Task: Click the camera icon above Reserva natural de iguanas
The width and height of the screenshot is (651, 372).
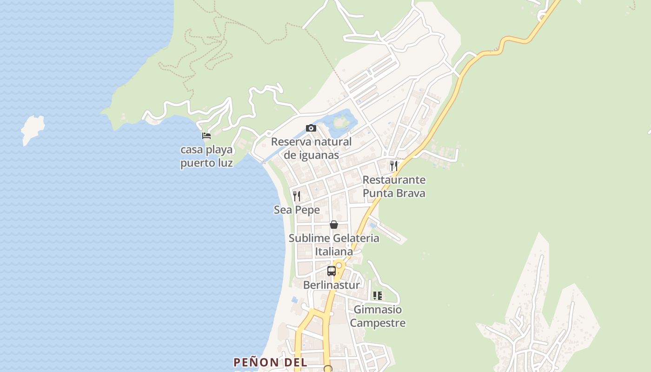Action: [x=311, y=128]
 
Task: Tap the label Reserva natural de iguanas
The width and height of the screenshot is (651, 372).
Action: [x=311, y=148]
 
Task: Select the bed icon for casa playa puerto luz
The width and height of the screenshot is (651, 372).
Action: [x=206, y=136]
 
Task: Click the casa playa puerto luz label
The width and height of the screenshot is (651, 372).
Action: [x=206, y=157]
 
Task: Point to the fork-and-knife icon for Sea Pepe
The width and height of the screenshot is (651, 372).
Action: [x=297, y=196]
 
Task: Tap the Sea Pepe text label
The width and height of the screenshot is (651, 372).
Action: [x=297, y=210]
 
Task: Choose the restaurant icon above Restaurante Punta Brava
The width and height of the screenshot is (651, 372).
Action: [x=394, y=166]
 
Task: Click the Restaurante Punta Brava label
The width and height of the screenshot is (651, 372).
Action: [x=394, y=186]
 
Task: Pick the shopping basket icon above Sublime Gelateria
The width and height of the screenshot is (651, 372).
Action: [x=334, y=225]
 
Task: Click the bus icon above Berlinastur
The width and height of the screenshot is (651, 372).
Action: [x=332, y=271]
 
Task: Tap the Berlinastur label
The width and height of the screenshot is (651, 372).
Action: [x=332, y=285]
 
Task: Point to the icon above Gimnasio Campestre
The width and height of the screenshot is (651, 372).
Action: [x=378, y=295]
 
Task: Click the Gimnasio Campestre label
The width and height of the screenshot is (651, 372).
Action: [x=378, y=316]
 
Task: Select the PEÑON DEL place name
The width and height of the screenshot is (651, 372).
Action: [x=270, y=362]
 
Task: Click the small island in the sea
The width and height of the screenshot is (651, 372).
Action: [x=33, y=129]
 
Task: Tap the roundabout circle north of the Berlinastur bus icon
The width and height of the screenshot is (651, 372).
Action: [x=339, y=266]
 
